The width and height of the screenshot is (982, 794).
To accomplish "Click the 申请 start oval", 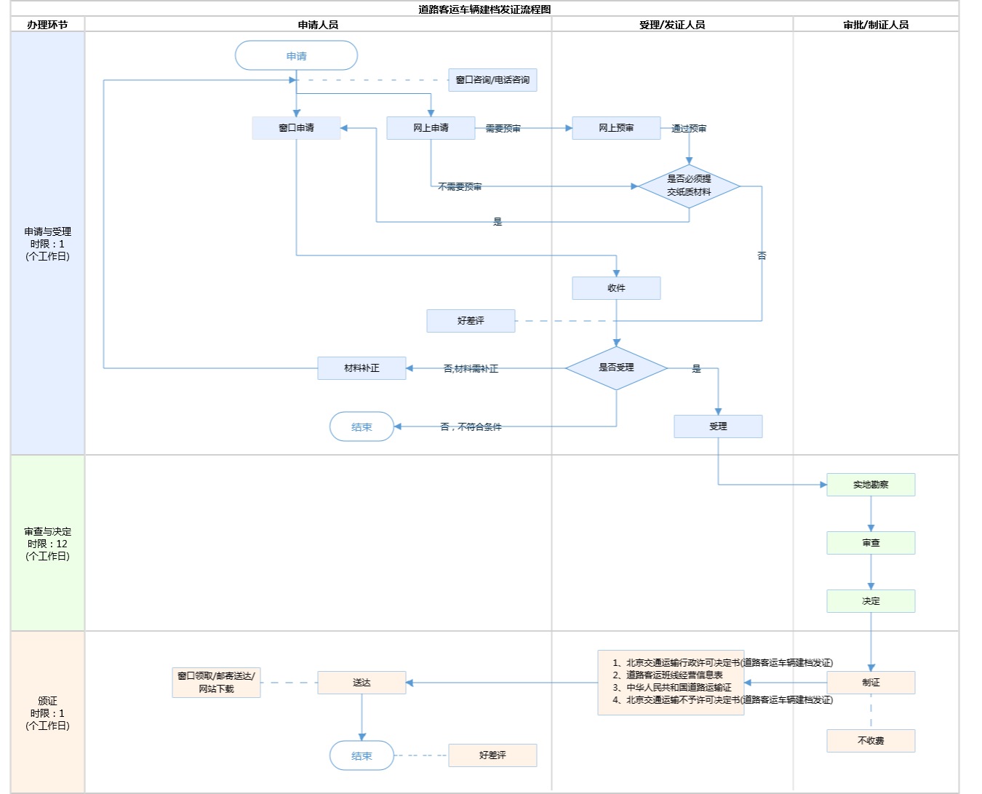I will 296,56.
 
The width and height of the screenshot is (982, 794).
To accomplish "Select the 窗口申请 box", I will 296,128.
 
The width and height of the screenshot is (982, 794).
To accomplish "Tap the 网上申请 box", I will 431,128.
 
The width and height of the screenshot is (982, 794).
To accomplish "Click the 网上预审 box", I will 616,128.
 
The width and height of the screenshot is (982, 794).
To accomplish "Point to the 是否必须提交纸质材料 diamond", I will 689,186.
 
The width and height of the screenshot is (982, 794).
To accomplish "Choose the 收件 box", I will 616,288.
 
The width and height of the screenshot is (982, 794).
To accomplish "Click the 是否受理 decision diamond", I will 616,368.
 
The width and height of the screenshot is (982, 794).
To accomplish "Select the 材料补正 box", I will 362,368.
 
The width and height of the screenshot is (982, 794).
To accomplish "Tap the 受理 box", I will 718,426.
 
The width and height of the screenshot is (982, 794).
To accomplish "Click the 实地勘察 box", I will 871,485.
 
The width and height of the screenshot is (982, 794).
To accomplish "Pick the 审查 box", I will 871,543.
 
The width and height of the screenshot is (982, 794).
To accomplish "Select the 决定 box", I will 871,601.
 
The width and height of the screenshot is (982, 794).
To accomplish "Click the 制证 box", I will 871,683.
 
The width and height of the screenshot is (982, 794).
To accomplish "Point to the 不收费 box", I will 871,741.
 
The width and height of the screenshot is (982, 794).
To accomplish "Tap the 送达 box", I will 362,683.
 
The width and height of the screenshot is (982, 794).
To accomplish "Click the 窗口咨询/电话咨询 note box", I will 492,80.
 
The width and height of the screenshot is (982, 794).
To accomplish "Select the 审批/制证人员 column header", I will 876,25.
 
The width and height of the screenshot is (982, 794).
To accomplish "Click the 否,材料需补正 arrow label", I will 471,369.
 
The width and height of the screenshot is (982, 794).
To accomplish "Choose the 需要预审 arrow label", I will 503,129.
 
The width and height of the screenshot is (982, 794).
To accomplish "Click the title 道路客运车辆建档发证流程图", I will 484,9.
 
